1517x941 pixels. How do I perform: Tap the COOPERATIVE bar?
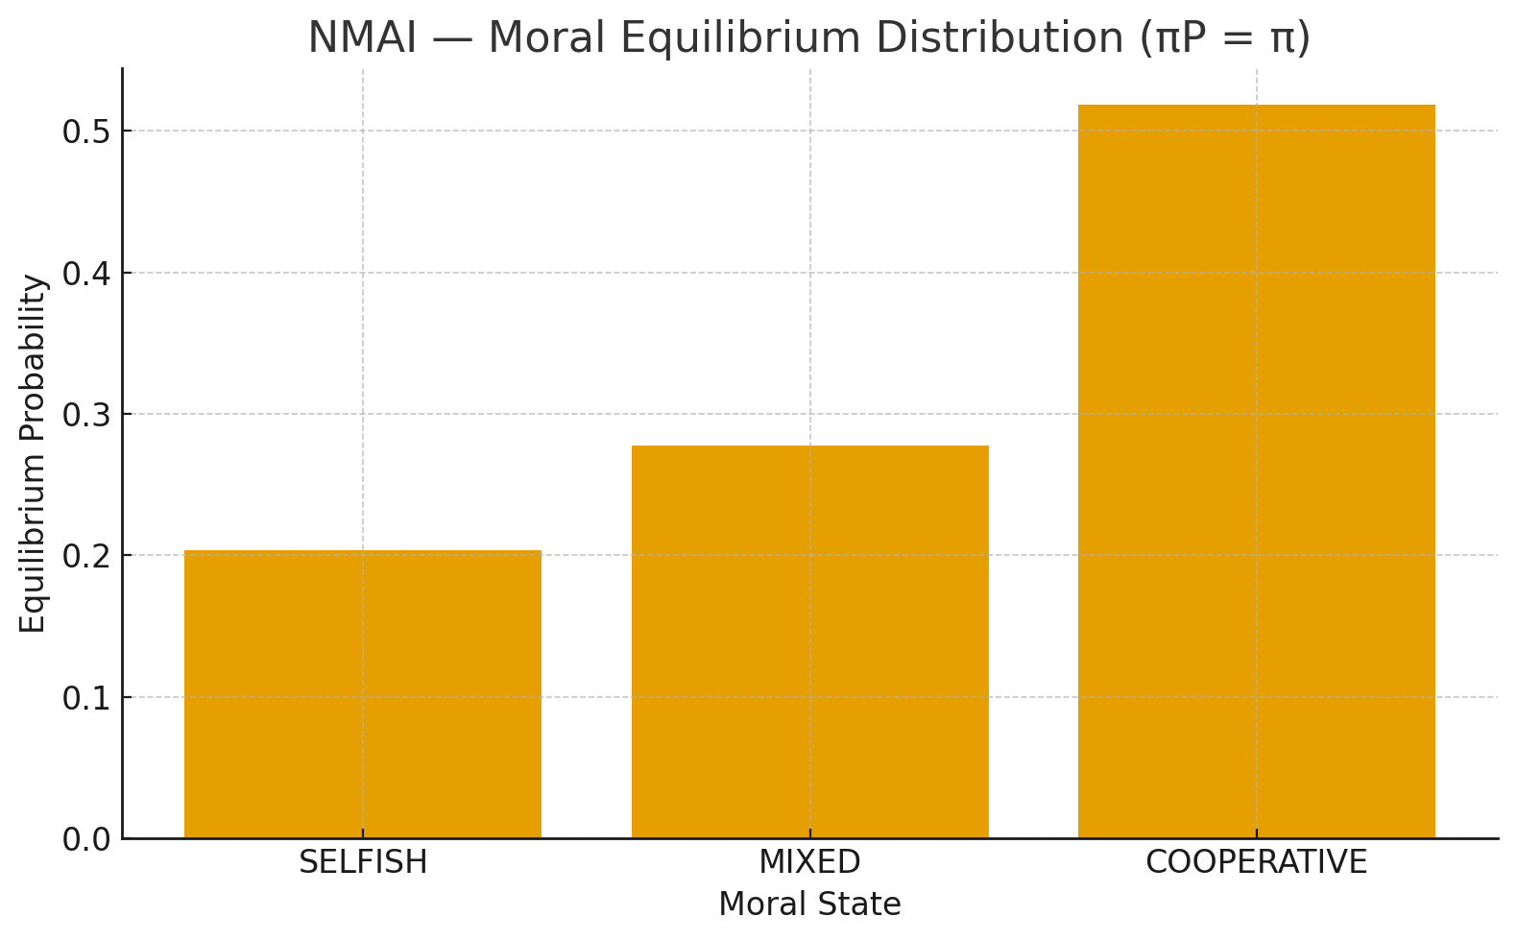pyautogui.click(x=1256, y=471)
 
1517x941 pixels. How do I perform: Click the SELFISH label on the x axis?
pyautogui.click(x=363, y=862)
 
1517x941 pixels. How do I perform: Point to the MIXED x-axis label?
pyautogui.click(x=809, y=862)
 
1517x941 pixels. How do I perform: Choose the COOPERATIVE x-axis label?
pyautogui.click(x=1256, y=862)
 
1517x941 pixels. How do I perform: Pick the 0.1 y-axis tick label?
pyautogui.click(x=85, y=698)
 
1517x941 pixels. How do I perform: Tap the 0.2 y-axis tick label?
pyautogui.click(x=85, y=557)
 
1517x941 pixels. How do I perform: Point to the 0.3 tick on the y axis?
pyautogui.click(x=85, y=415)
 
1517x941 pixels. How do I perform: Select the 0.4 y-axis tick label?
pyautogui.click(x=85, y=274)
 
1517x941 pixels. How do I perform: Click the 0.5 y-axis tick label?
pyautogui.click(x=85, y=132)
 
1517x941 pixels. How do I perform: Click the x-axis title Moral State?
pyautogui.click(x=809, y=905)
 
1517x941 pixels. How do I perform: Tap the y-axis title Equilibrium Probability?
pyautogui.click(x=34, y=453)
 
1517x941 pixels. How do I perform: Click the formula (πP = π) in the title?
pyautogui.click(x=1224, y=38)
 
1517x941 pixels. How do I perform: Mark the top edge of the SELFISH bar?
pyautogui.click(x=363, y=551)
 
